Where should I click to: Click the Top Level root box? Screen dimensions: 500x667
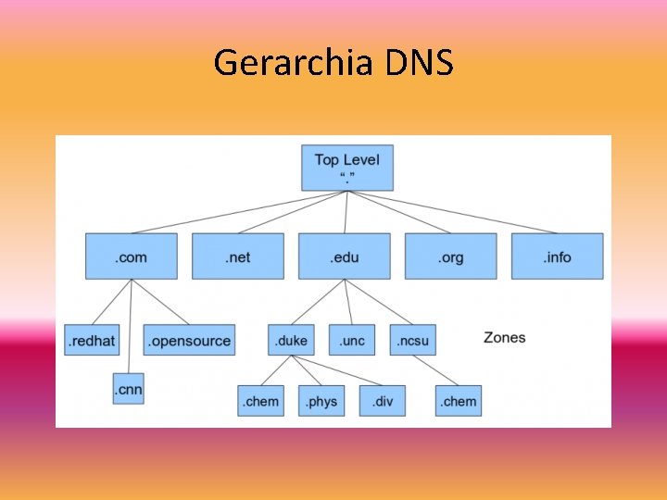point(346,168)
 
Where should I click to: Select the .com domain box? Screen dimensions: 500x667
point(131,256)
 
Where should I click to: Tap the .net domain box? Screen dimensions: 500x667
point(237,256)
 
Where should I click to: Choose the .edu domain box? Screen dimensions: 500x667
point(344,256)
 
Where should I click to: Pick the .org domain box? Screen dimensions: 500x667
point(450,256)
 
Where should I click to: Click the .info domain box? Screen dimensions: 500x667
point(557,256)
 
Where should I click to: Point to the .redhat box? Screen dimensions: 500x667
point(91,340)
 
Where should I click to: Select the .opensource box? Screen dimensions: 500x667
point(189,340)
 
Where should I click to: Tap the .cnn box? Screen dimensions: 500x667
point(128,390)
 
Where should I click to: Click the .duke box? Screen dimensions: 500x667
point(291,340)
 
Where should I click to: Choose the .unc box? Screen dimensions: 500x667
point(351,340)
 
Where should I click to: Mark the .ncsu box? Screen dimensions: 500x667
point(412,340)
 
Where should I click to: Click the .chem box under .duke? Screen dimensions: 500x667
point(260,401)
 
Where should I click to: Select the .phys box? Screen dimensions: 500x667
point(321,401)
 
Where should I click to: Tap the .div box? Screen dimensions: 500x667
point(382,401)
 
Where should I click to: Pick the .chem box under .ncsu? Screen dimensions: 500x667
point(459,401)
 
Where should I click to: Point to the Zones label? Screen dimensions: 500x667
point(504,337)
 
